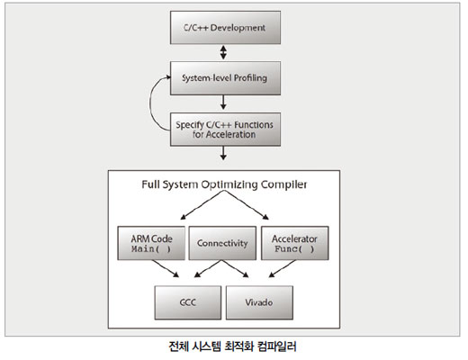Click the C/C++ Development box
point(225,28)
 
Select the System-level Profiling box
point(225,78)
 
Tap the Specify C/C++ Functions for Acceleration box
point(225,130)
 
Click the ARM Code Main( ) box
point(151,243)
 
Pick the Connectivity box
point(222,243)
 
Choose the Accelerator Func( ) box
point(295,243)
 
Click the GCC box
point(188,302)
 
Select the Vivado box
point(259,302)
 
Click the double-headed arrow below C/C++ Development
point(223,52)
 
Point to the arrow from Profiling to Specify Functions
point(223,103)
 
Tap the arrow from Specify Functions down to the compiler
point(223,153)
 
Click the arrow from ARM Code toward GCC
point(166,268)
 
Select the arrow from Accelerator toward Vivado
point(282,268)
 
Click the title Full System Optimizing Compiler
point(224,184)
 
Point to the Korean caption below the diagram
point(232,346)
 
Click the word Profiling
point(250,78)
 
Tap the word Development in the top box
point(238,28)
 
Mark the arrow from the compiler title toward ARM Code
point(202,205)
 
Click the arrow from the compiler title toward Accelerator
point(247,205)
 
